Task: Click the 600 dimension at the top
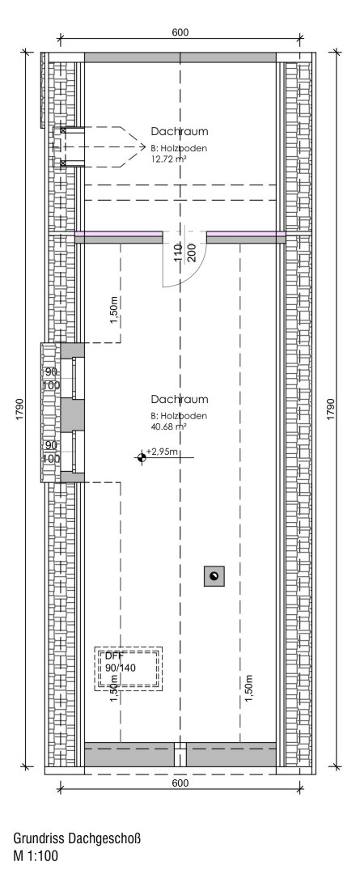(180, 32)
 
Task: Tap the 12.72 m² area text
(168, 159)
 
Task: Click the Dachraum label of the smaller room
(180, 130)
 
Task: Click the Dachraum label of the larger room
(180, 399)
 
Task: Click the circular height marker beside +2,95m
(142, 458)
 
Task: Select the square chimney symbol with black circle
(214, 575)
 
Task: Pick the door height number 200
(191, 252)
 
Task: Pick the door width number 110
(176, 252)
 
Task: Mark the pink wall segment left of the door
(119, 234)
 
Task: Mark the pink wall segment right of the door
(246, 234)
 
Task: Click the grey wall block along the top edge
(180, 57)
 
